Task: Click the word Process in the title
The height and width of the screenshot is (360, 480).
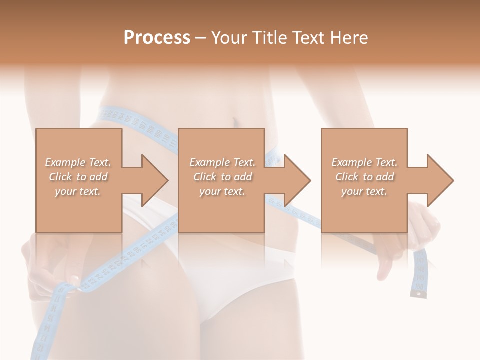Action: click(x=157, y=38)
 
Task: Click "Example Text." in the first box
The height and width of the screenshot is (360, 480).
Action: click(x=78, y=162)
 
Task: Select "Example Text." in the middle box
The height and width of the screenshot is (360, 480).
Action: click(x=222, y=162)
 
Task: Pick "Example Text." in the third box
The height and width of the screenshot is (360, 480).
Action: click(x=364, y=162)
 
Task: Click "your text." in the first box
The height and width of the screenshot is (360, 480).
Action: click(x=78, y=191)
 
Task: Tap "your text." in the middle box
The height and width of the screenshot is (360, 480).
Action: click(x=222, y=191)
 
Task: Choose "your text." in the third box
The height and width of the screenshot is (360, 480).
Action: click(x=364, y=191)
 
